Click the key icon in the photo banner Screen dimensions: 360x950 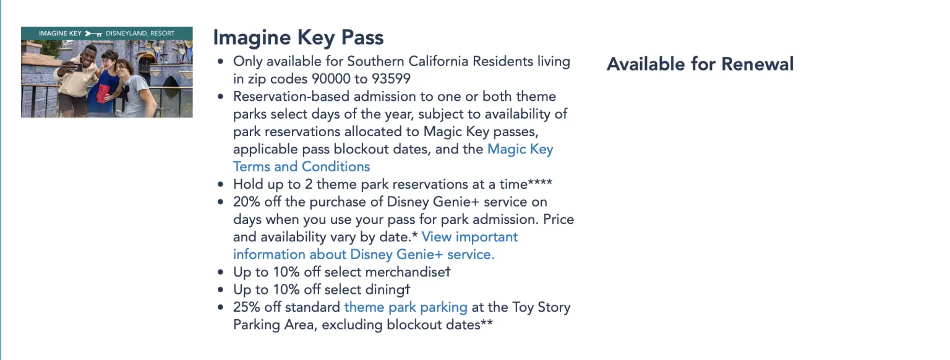coord(93,33)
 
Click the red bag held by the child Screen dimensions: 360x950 coord(103,93)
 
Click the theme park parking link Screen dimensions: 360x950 coord(406,307)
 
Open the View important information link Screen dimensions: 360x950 coord(469,237)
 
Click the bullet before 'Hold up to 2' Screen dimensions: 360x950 coord(221,185)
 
